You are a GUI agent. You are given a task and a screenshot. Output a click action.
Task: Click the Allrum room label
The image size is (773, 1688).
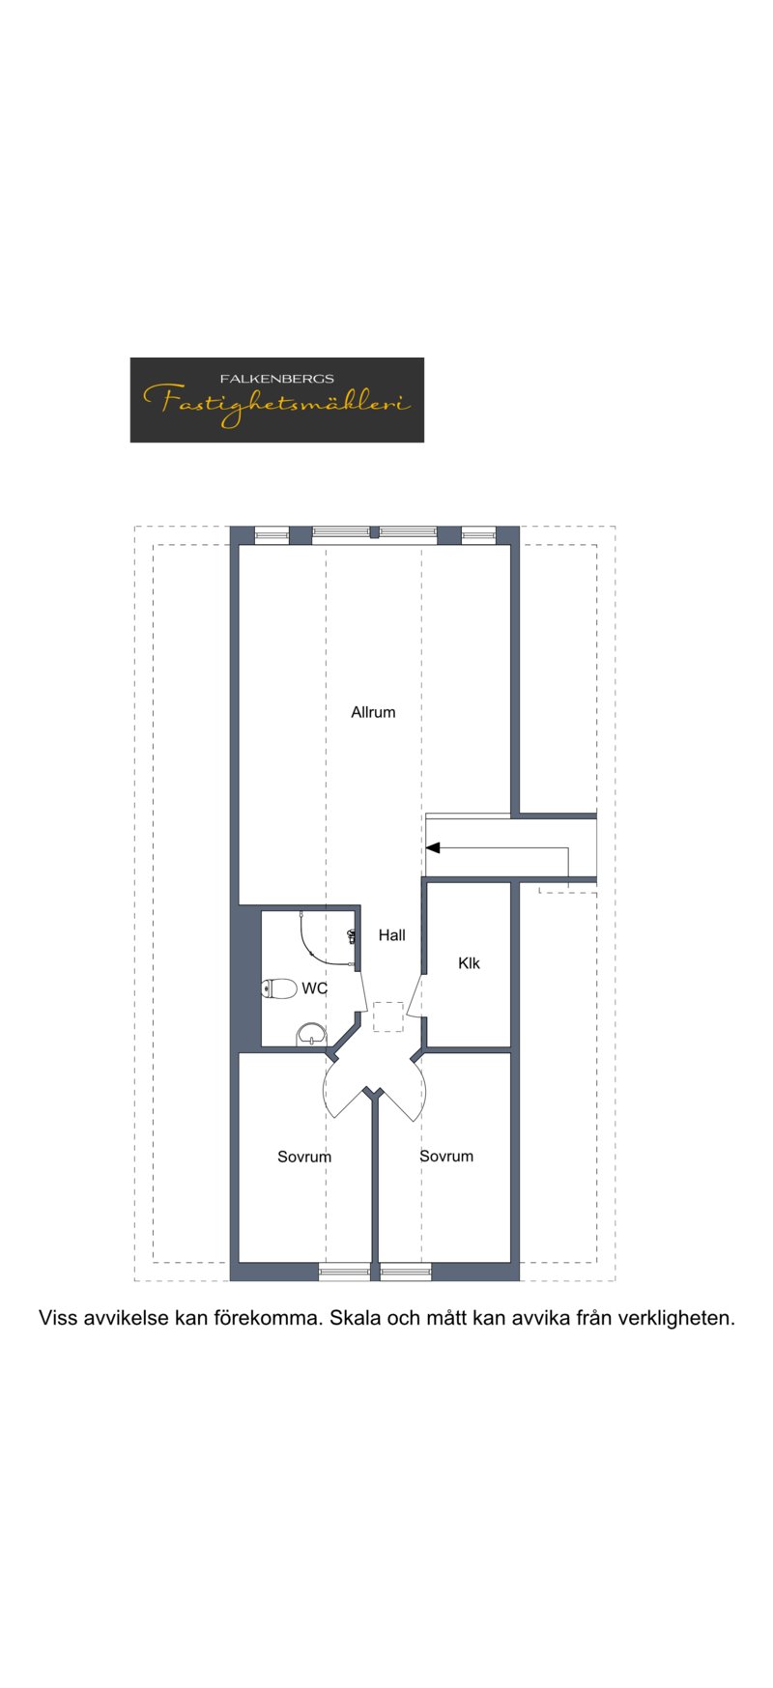373,712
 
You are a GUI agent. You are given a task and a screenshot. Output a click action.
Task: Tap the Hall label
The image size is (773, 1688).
391,934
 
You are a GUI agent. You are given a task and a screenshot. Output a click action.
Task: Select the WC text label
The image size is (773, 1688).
314,988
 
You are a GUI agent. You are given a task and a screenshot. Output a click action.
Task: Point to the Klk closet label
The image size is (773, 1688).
469,962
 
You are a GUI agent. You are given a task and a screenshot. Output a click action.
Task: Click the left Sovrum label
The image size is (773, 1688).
304,1157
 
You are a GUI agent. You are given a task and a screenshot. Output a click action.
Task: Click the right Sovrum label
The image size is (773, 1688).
446,1156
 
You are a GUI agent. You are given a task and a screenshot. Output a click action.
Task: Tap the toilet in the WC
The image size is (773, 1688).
279,988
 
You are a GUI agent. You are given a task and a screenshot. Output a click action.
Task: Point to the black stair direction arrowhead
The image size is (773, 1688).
433,847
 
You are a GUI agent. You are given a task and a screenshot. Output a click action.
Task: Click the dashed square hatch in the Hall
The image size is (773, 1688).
388,1016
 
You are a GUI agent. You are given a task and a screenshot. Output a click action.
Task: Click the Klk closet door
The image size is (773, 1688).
416,995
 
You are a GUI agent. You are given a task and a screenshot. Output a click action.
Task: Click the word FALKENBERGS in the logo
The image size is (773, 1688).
277,379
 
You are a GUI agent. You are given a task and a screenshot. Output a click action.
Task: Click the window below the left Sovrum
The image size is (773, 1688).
344,1272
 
